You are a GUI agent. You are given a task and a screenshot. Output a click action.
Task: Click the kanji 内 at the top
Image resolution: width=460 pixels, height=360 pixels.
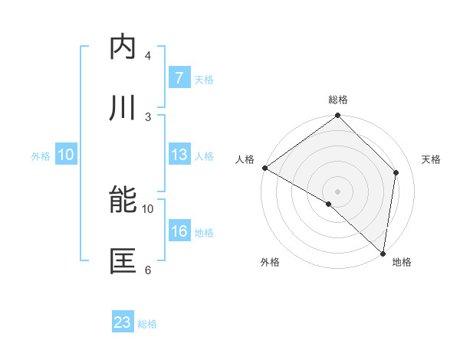[x=123, y=47]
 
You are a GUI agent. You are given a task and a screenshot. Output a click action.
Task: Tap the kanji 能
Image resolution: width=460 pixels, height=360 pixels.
[x=123, y=200]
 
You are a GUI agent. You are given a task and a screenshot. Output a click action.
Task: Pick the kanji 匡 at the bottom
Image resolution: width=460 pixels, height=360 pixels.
[x=123, y=261]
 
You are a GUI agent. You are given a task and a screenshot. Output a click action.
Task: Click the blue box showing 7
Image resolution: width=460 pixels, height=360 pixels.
[x=179, y=78]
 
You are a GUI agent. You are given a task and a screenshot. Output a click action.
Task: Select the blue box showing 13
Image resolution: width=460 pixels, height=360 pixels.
[x=179, y=155]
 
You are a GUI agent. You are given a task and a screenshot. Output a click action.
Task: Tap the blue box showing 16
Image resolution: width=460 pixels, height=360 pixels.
[x=179, y=231]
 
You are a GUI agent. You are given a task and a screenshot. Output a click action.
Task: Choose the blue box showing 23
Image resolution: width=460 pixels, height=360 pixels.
[x=123, y=322]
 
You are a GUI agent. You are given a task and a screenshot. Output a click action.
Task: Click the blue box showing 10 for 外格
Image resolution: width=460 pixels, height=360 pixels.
[x=66, y=155]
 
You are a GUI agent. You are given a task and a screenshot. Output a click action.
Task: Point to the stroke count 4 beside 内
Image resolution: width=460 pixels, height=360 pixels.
[x=148, y=55]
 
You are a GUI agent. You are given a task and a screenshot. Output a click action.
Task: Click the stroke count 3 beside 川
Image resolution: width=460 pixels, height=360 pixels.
[x=148, y=116]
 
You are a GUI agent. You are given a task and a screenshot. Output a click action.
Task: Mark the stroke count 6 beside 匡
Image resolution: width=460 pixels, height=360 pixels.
[x=148, y=270]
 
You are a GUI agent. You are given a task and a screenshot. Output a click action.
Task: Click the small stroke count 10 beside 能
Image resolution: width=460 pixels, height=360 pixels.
[x=148, y=208]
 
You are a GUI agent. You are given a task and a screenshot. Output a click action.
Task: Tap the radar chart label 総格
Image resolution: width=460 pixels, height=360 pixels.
[x=338, y=100]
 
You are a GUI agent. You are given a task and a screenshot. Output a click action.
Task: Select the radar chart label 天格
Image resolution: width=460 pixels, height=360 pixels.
[x=432, y=159]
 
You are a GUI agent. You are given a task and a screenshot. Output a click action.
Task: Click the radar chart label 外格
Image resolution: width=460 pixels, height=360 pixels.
[x=270, y=263]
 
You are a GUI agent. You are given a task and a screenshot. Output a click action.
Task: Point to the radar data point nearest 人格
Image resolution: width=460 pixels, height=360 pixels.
[x=264, y=168]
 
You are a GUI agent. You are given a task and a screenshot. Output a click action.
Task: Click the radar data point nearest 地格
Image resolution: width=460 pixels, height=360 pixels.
[x=383, y=254]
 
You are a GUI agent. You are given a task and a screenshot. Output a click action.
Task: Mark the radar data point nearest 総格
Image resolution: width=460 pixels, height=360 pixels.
[x=338, y=116]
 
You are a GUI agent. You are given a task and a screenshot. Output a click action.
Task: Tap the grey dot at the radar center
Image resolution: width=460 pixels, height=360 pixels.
[x=338, y=191]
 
